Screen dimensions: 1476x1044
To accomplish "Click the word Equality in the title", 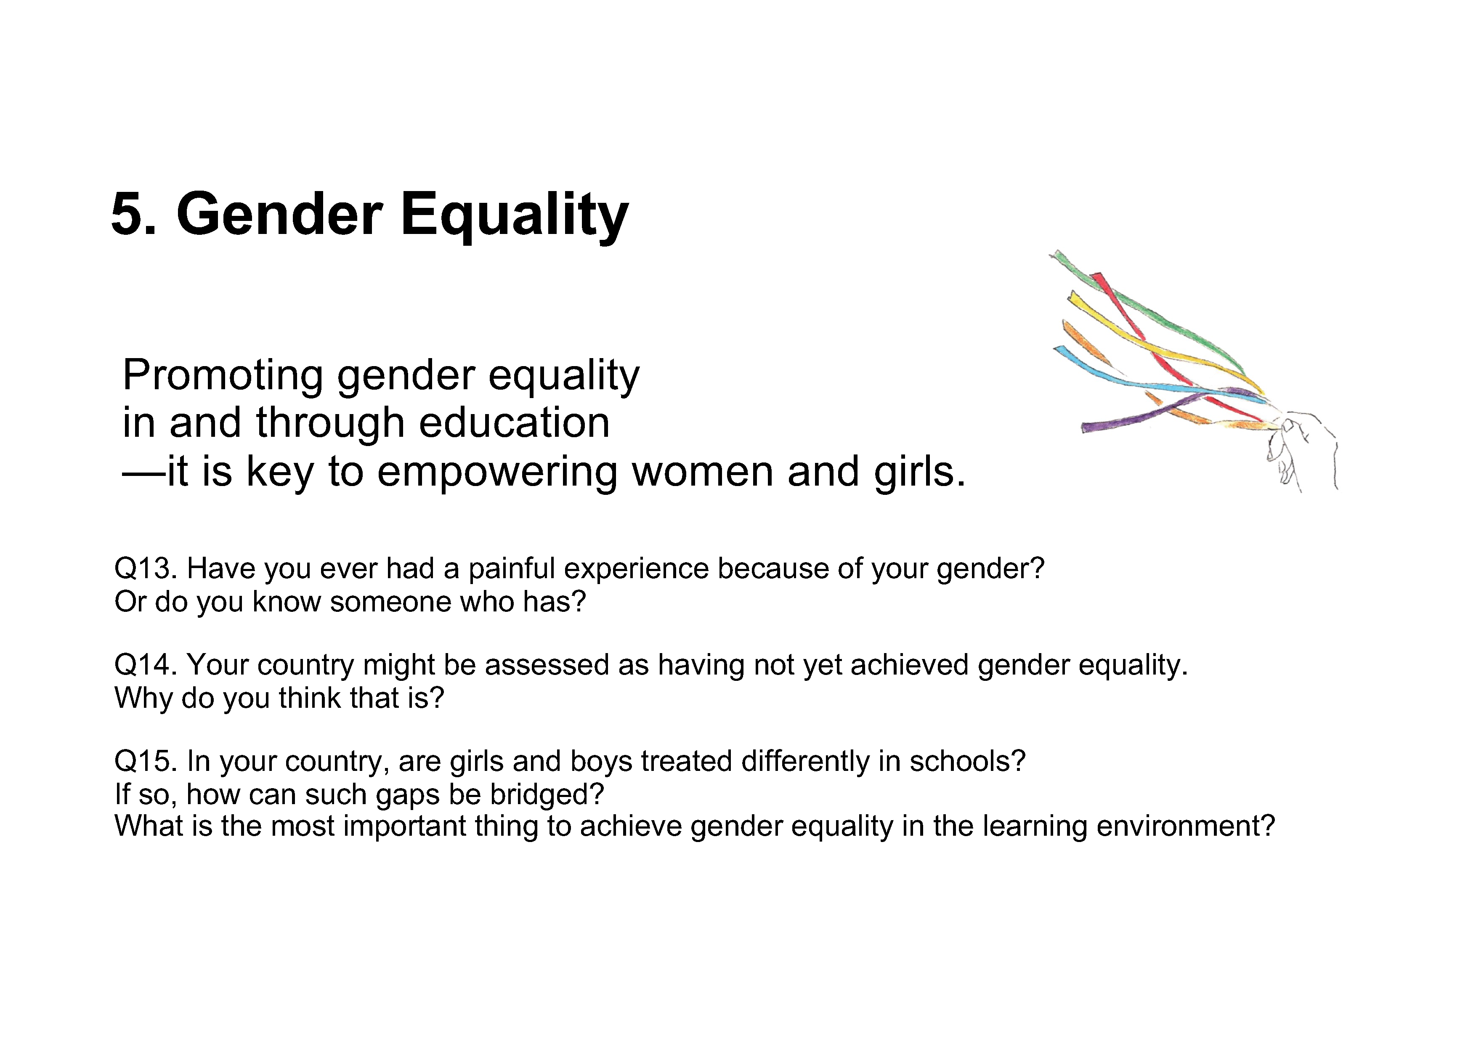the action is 514,217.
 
